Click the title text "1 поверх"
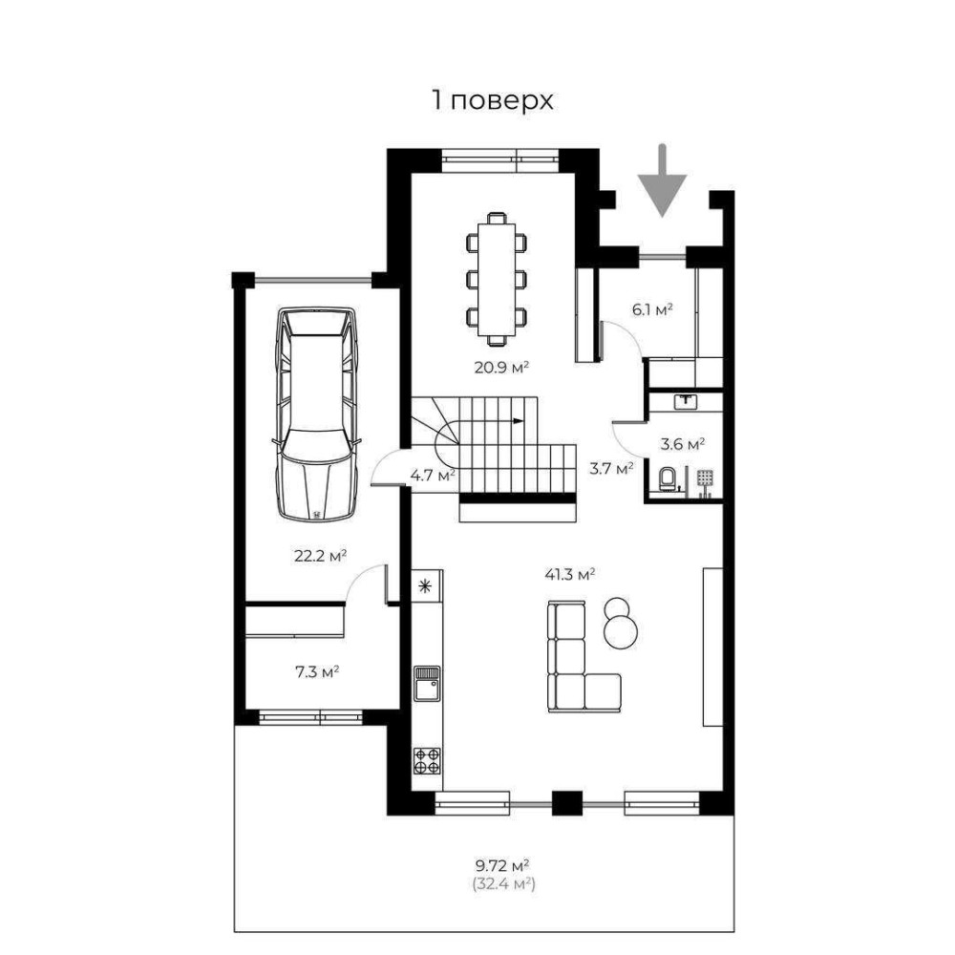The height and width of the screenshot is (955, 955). point(493,100)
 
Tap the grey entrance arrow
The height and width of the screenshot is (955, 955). point(662,180)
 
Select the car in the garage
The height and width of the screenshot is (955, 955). point(317,414)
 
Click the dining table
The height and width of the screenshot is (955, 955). point(497,280)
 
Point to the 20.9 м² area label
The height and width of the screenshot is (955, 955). point(501,368)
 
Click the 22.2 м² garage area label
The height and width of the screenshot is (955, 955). point(320,556)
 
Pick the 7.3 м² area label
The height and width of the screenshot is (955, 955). point(317,672)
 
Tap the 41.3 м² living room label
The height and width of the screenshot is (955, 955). point(569,574)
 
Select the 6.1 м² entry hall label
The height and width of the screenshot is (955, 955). point(651,309)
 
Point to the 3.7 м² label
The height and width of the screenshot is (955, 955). point(611,468)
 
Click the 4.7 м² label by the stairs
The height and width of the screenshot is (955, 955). point(433,475)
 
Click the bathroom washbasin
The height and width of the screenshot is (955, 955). point(687,401)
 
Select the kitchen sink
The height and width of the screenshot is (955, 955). point(427,684)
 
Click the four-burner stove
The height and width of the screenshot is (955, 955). point(427,761)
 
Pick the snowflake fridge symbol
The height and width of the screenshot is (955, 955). point(425,586)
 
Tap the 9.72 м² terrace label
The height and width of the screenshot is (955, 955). point(502,865)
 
